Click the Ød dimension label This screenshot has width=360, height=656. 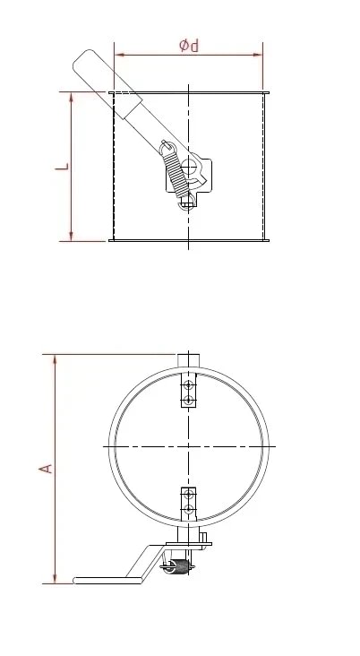coord(189,45)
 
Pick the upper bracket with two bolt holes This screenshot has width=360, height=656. coord(188,393)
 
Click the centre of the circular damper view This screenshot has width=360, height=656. coord(189,445)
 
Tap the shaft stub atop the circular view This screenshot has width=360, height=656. coord(189,359)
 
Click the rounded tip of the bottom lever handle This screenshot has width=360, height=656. coord(77,581)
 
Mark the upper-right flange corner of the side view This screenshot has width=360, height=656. coord(267,92)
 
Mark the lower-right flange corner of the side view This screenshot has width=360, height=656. coord(267,239)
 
